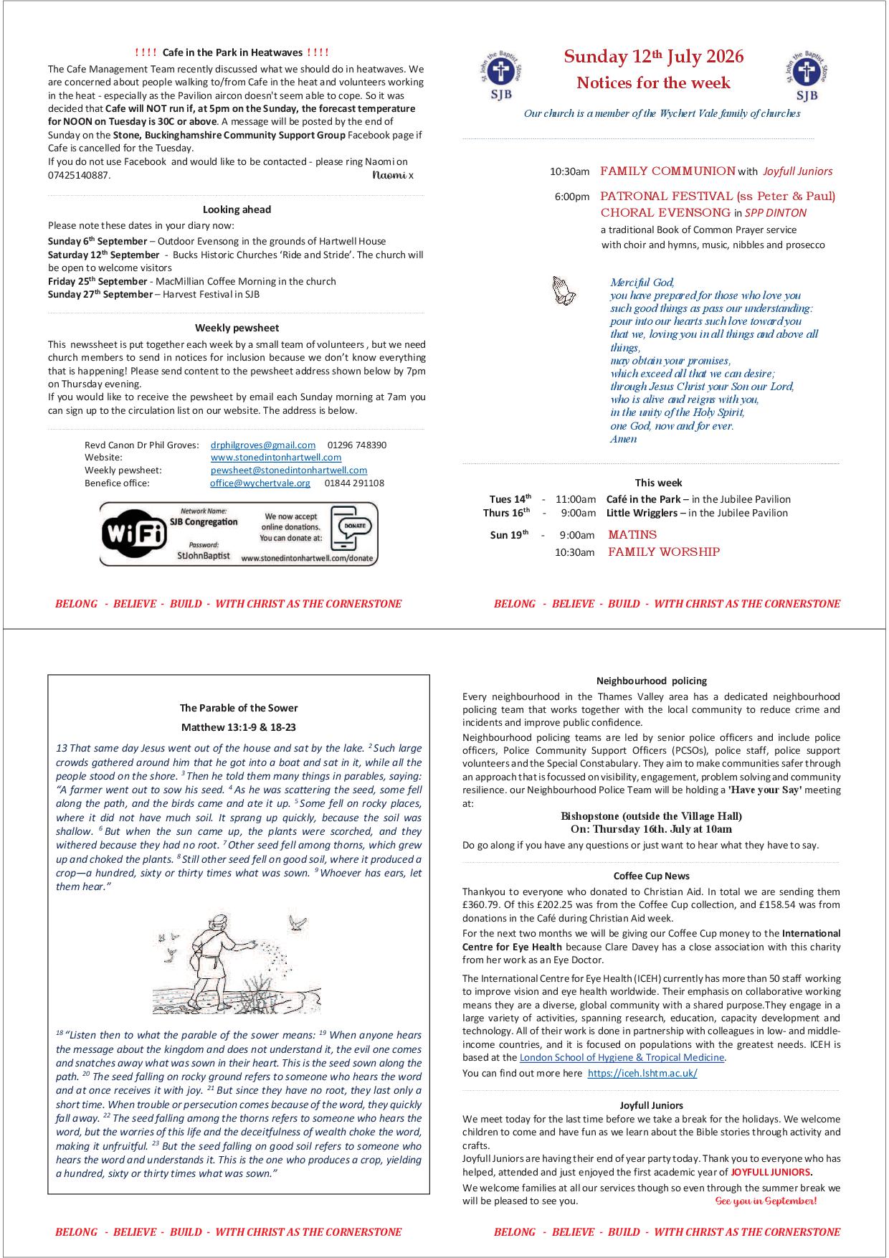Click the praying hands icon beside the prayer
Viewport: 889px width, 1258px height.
click(564, 291)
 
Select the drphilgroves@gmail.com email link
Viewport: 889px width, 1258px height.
click(263, 445)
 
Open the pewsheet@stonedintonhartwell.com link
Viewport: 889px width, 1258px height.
click(289, 470)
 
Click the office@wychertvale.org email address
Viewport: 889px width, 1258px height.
click(260, 483)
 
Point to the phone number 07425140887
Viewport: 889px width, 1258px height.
click(79, 175)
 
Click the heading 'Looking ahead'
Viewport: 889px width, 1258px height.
click(237, 209)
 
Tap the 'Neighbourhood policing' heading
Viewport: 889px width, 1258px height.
click(652, 681)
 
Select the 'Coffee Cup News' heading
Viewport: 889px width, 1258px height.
click(652, 876)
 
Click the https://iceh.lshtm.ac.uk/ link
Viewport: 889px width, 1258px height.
click(642, 1074)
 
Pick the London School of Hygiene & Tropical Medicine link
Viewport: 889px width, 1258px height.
click(622, 1057)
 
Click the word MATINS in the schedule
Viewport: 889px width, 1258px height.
click(632, 534)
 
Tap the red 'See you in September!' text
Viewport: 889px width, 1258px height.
click(766, 1201)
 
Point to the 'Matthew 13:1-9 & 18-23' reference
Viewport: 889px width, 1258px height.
click(239, 727)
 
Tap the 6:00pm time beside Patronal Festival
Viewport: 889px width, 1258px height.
click(572, 197)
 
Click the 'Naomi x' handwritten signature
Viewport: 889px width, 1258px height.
click(393, 175)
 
